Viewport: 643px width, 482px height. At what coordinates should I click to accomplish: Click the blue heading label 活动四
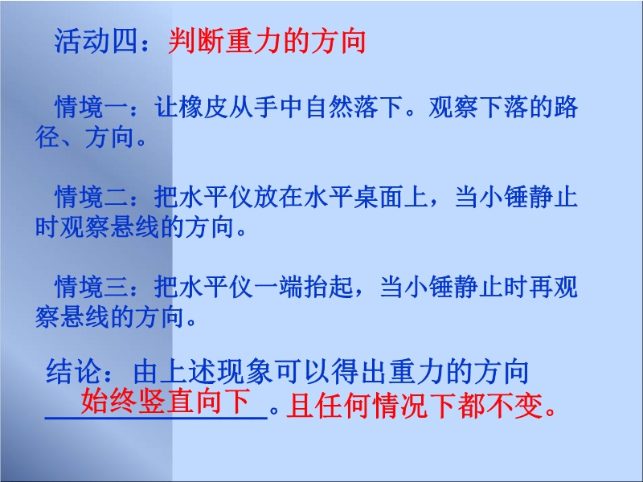pos(96,42)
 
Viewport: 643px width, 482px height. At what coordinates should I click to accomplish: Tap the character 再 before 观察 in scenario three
pos(540,287)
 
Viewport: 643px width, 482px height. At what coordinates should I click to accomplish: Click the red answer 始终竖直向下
pos(166,401)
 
